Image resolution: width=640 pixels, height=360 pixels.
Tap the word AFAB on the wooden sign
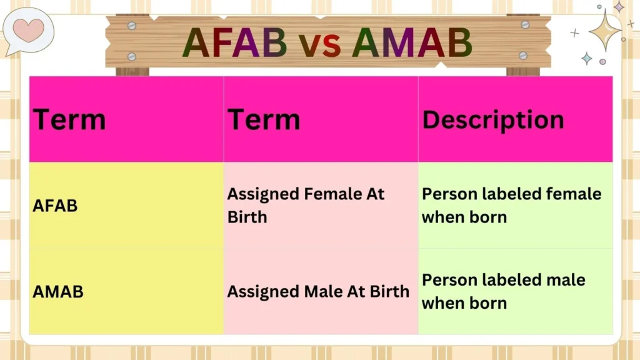[234, 42]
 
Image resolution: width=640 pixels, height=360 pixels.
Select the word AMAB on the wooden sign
[411, 42]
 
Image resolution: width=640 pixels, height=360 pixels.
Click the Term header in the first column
[69, 119]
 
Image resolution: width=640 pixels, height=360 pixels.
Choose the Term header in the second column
[263, 119]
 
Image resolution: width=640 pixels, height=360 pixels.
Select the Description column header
[492, 119]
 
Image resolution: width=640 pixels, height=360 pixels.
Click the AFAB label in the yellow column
[55, 206]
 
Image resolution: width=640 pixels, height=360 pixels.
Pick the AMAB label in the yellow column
[57, 291]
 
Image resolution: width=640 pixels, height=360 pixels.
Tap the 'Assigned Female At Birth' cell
[306, 206]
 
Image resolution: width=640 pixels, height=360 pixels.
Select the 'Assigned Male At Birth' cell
[318, 291]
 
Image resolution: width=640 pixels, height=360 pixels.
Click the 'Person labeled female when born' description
[511, 206]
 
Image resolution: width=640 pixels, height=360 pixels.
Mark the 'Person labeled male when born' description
[503, 291]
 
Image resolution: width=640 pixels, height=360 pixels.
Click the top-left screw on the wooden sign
[131, 26]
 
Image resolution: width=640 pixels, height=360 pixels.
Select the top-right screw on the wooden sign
[526, 26]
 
